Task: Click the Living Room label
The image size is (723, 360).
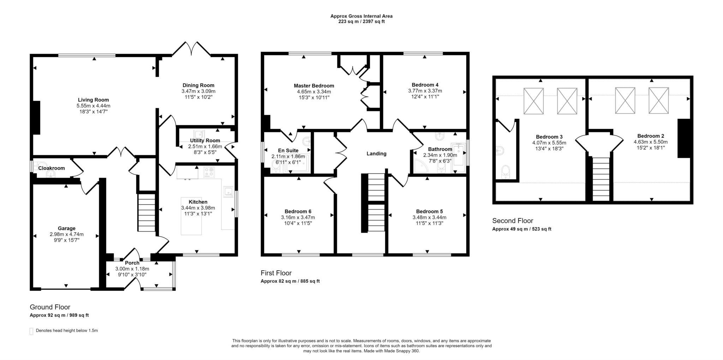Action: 93,100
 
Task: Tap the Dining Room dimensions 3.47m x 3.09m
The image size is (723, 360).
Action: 198,91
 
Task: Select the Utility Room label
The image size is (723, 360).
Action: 205,140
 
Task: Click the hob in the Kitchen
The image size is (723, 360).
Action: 209,172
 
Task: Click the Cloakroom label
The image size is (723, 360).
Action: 52,168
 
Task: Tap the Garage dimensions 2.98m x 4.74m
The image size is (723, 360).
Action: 66,234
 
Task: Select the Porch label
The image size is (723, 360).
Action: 132,263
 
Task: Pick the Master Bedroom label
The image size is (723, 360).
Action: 314,86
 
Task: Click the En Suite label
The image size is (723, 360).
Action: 288,150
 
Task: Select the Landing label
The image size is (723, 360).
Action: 376,154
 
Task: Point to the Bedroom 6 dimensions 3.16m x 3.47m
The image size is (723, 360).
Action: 298,217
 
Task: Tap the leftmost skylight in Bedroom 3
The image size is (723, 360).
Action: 533,101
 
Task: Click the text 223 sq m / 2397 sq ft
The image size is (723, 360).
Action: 361,22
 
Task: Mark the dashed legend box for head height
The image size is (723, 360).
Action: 31,331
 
